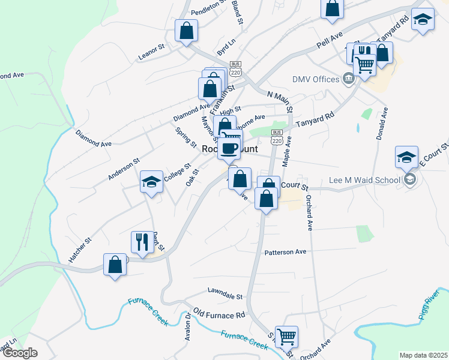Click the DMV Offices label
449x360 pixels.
[x=316, y=79]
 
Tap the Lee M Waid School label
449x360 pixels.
[x=364, y=180]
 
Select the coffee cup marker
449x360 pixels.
[x=229, y=148]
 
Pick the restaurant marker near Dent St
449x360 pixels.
[x=142, y=242]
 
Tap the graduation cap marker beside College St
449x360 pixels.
[x=151, y=182]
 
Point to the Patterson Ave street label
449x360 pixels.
[x=285, y=252]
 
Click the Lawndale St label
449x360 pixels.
[x=224, y=296]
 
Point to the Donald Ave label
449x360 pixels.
[x=382, y=124]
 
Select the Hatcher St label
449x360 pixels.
[x=80, y=250]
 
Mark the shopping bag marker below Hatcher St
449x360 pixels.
[x=115, y=265]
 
